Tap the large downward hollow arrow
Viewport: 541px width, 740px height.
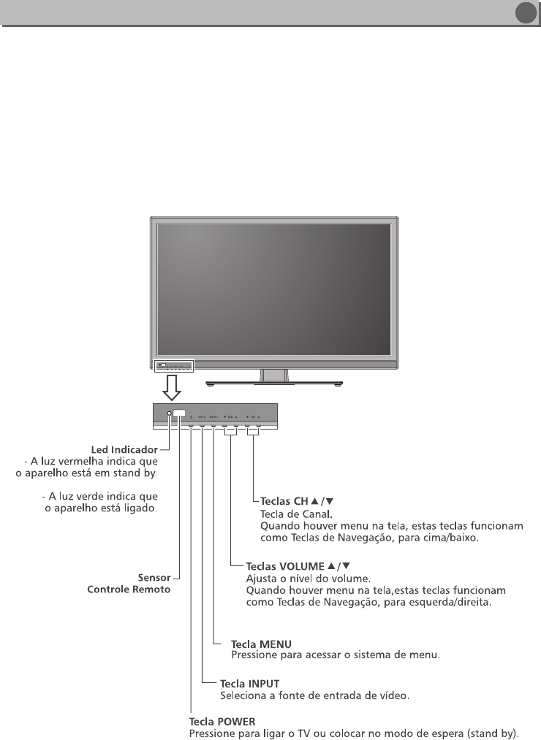[x=170, y=386]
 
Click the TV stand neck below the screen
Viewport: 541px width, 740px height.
[x=274, y=373]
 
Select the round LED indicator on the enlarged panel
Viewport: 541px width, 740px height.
[x=169, y=414]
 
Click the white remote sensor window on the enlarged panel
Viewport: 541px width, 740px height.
[x=179, y=413]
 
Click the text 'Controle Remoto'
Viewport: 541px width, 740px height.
[x=129, y=589]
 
